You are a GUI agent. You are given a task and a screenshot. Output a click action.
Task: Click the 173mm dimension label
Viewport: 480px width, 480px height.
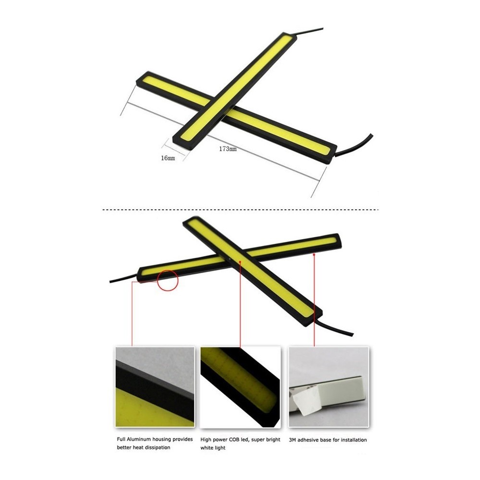click(228, 149)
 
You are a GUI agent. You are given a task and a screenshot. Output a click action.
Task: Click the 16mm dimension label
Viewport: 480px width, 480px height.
click(168, 158)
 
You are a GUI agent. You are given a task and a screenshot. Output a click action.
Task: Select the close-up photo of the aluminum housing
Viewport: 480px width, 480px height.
click(155, 386)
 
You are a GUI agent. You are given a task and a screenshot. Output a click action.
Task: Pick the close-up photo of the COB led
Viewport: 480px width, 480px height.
click(240, 387)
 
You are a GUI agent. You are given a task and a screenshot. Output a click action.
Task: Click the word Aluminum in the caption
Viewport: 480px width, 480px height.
click(141, 439)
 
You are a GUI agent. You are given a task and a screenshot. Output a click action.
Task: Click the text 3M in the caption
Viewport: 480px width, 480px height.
click(293, 440)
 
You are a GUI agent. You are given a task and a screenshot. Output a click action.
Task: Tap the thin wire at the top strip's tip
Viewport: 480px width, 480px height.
click(310, 32)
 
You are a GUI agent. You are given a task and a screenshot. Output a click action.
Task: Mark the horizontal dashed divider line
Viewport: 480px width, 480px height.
click(240, 210)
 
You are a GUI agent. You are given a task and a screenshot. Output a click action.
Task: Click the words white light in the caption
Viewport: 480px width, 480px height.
click(213, 447)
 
